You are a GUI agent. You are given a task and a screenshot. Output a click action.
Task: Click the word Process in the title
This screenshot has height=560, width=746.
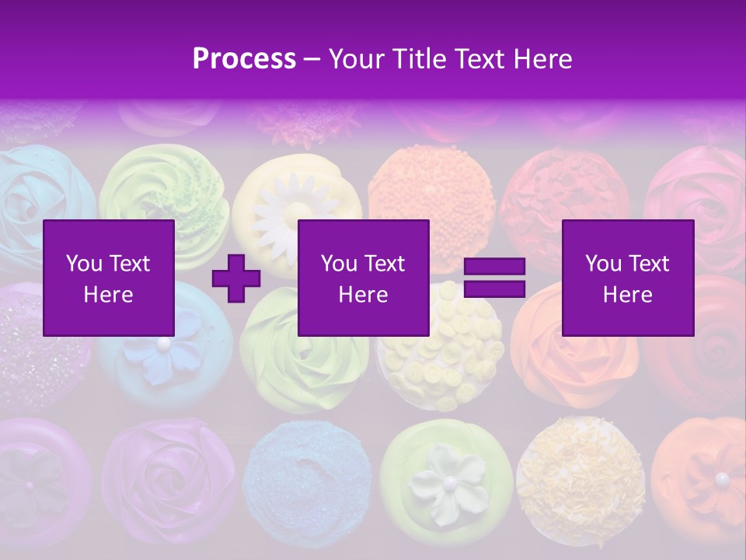[x=244, y=59]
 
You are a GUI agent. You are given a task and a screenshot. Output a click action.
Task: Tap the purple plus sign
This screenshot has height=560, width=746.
[x=236, y=278]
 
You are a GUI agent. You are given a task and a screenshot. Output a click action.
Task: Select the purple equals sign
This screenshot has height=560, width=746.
[x=494, y=278]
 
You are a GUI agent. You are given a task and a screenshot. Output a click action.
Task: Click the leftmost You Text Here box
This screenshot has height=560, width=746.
[x=109, y=278]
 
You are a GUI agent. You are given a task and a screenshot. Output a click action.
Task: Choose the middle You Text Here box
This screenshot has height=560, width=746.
[x=363, y=278]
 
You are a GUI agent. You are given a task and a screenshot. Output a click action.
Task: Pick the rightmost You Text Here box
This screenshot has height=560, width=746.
[x=627, y=278]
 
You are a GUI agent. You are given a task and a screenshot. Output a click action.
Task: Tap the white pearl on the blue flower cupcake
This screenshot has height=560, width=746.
[x=163, y=342]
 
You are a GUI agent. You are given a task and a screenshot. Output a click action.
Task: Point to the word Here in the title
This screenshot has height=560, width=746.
[x=543, y=59]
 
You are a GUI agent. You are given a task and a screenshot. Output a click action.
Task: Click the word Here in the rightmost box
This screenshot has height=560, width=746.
[x=627, y=295]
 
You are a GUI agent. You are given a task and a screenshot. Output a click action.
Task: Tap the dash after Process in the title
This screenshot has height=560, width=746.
[x=312, y=59]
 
